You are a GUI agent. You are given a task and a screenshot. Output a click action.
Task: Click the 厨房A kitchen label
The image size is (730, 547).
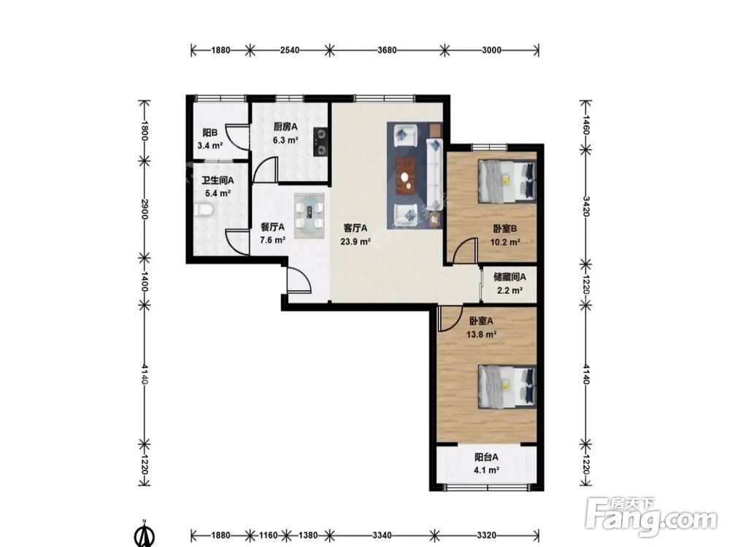(285, 126)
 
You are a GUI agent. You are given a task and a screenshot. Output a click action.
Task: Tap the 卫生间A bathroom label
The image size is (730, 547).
(218, 180)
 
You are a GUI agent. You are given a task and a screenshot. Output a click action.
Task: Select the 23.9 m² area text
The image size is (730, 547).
(356, 241)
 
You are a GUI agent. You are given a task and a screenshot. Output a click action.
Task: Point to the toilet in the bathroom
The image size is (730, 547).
(203, 210)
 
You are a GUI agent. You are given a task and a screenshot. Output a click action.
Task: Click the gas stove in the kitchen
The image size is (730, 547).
(320, 141)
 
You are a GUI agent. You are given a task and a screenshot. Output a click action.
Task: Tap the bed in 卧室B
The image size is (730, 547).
(507, 182)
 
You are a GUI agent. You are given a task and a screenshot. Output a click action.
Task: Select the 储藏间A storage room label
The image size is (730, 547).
(510, 277)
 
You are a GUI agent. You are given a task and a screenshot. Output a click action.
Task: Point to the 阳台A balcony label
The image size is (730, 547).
(486, 457)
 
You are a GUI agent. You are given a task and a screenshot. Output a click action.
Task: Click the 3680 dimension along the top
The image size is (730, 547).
(387, 50)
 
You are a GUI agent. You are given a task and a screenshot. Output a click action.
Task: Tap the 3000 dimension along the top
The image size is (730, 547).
(491, 50)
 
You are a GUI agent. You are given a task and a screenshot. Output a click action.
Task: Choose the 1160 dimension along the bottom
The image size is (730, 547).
(269, 535)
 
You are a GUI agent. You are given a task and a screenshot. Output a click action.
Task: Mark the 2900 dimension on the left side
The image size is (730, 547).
(145, 209)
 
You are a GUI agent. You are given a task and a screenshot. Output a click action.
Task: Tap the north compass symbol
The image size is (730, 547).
(145, 535)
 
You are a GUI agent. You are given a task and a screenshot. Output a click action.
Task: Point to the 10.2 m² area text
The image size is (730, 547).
(505, 242)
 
